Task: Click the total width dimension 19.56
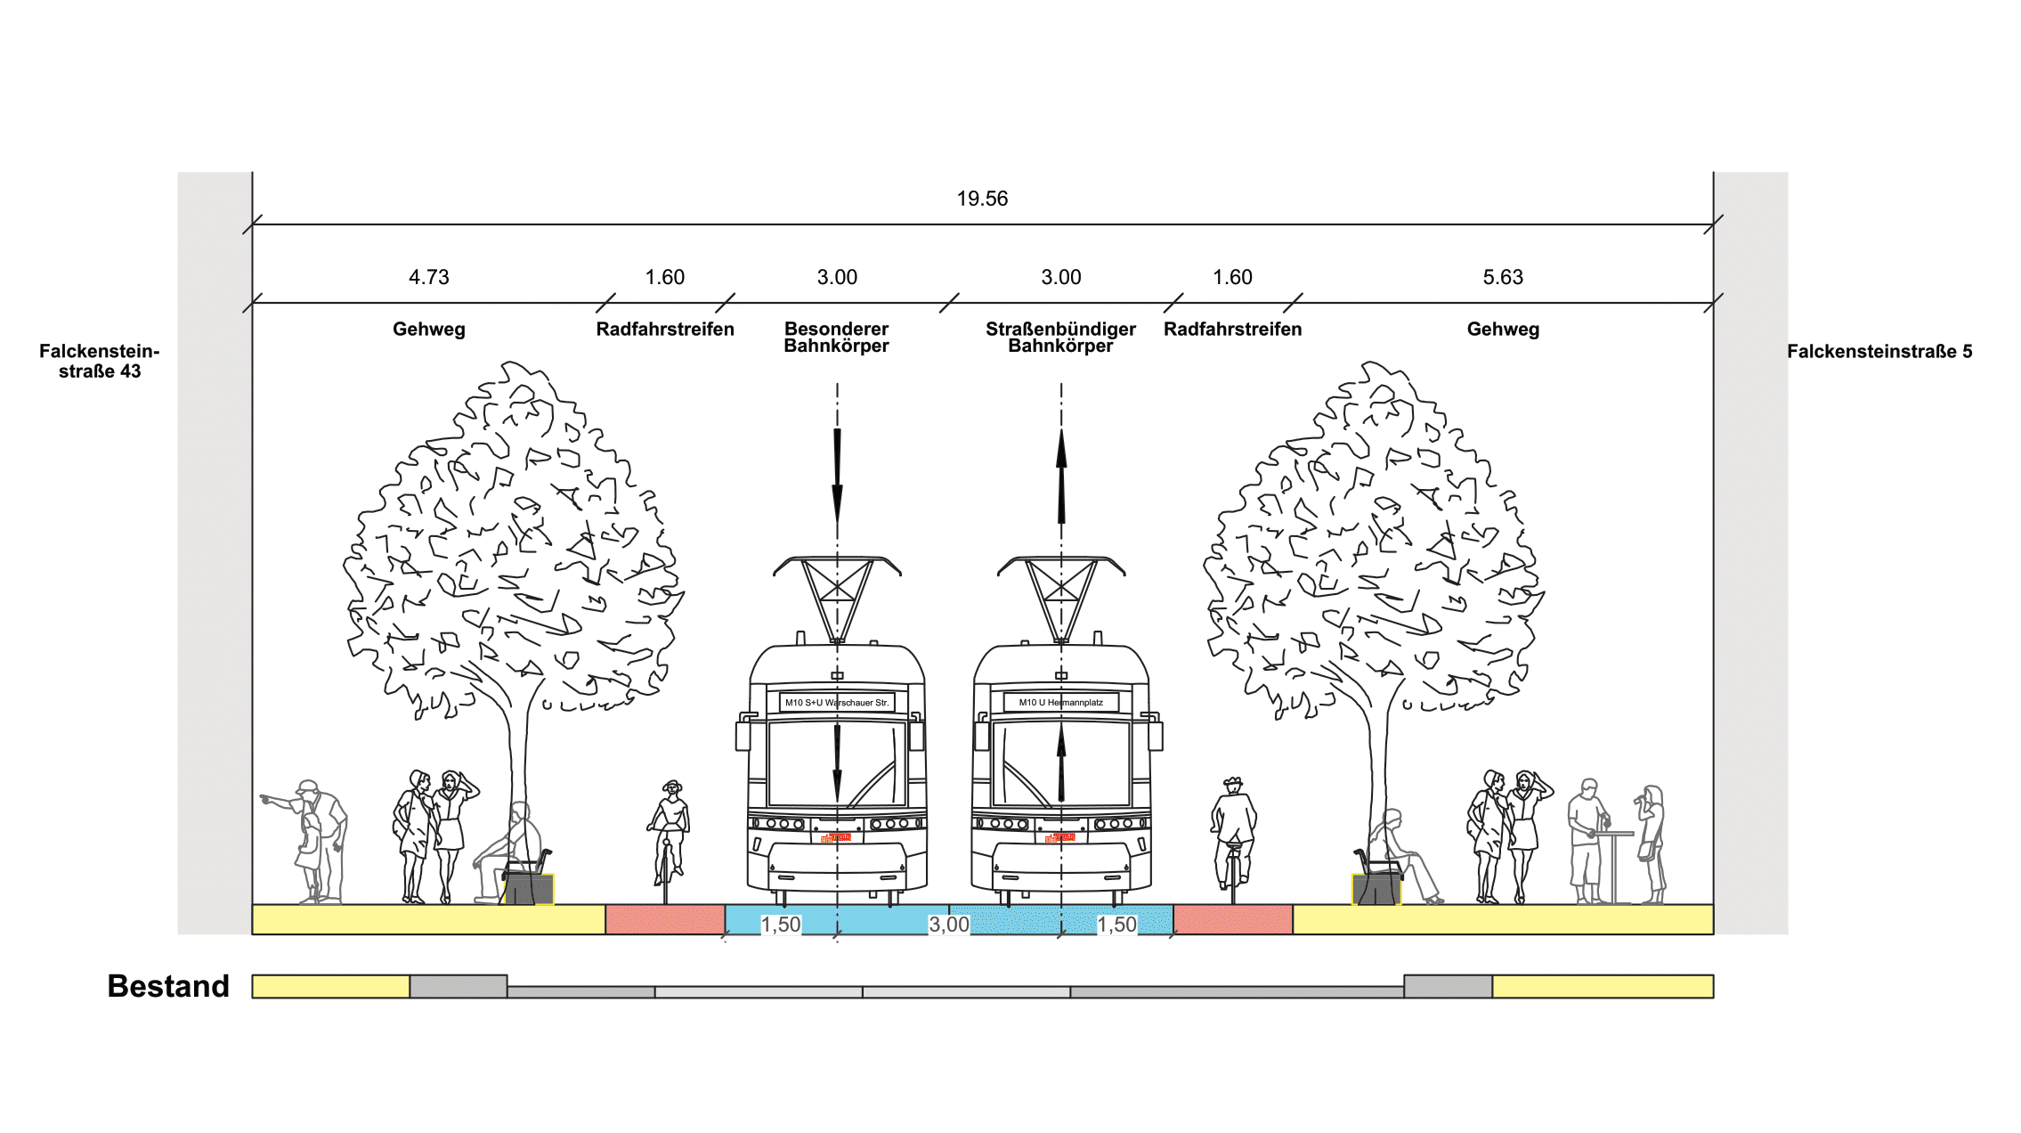(982, 199)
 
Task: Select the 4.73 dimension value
(428, 277)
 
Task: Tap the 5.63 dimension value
(1503, 277)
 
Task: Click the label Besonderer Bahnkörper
(836, 338)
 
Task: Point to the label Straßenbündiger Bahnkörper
(1060, 338)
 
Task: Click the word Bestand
(168, 986)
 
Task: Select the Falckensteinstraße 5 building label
(1879, 352)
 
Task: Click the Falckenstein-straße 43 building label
(100, 362)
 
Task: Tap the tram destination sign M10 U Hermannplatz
(1060, 703)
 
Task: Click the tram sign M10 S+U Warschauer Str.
(837, 703)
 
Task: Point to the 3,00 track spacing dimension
(949, 925)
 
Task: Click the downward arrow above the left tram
(837, 477)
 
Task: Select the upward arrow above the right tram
(1061, 477)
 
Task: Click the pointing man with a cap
(316, 837)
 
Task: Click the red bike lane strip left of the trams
(665, 919)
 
